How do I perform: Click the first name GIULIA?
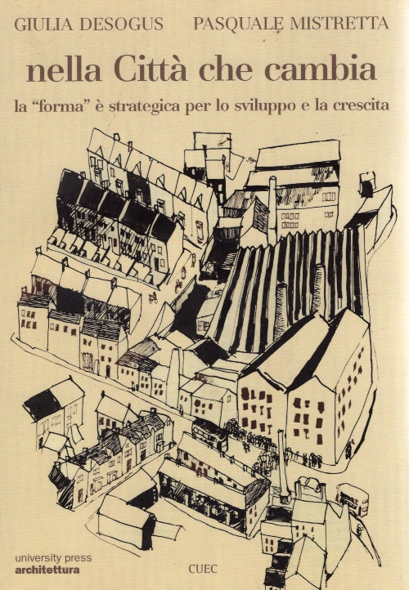pyautogui.click(x=44, y=25)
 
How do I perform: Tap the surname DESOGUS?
pyautogui.click(x=121, y=25)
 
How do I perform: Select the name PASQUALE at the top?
pyautogui.click(x=238, y=24)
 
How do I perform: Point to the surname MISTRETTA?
pyautogui.click(x=339, y=24)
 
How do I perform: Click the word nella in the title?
pyautogui.click(x=64, y=70)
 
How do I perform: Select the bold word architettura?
pyautogui.click(x=47, y=570)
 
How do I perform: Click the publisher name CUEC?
pyautogui.click(x=203, y=569)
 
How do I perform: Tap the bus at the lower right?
pyautogui.click(x=353, y=498)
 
